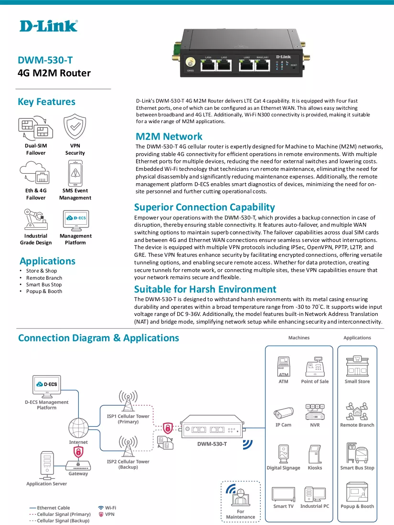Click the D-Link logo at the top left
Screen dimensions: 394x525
(49, 26)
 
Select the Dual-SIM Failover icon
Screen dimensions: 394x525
(35, 128)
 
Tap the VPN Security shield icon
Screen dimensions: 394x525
(75, 126)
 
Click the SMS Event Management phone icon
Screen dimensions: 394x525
(75, 173)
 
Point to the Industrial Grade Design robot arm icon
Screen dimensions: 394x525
(35, 220)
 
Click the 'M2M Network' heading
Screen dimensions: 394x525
(169, 136)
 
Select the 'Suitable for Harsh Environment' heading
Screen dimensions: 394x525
(205, 289)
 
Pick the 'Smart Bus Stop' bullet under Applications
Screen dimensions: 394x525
(44, 284)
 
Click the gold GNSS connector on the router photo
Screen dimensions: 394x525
(190, 63)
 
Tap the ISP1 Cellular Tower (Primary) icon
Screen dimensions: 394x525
(128, 400)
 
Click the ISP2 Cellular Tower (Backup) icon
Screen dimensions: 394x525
(128, 446)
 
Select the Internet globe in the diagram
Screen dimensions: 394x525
(78, 428)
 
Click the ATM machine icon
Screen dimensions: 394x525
(283, 367)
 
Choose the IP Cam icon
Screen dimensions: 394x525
(283, 413)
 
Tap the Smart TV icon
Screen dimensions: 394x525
(283, 494)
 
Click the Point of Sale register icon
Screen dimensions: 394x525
(315, 367)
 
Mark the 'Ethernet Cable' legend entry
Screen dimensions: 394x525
(50, 508)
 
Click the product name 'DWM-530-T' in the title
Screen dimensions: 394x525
(45, 60)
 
